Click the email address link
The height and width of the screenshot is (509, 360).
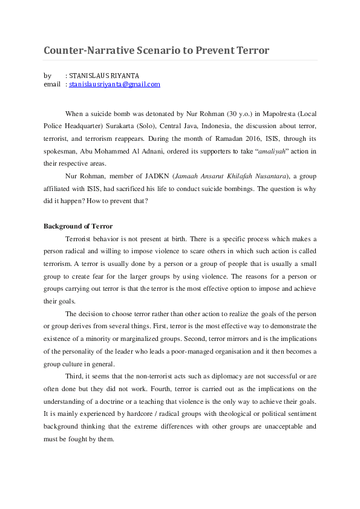coord(114,85)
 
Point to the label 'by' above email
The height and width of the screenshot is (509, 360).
coord(47,76)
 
